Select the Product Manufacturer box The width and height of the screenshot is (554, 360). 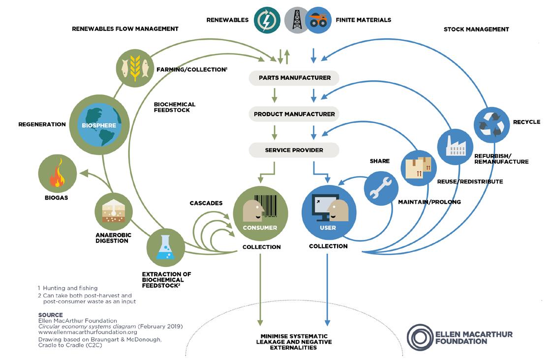pos(294,114)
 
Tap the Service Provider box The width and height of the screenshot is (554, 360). pos(294,150)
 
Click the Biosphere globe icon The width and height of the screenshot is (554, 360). pos(99,125)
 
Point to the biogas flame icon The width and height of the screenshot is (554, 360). pos(58,174)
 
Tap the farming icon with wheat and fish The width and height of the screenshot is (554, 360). pos(134,65)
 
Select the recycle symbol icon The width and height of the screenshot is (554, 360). pos(492,124)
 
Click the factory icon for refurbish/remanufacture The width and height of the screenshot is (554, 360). pos(455,147)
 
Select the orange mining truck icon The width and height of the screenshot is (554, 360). pos(317,20)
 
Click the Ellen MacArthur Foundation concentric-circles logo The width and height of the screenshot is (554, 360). pos(420,337)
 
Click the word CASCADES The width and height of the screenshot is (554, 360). pos(206,203)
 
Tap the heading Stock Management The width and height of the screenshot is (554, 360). pos(476,30)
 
